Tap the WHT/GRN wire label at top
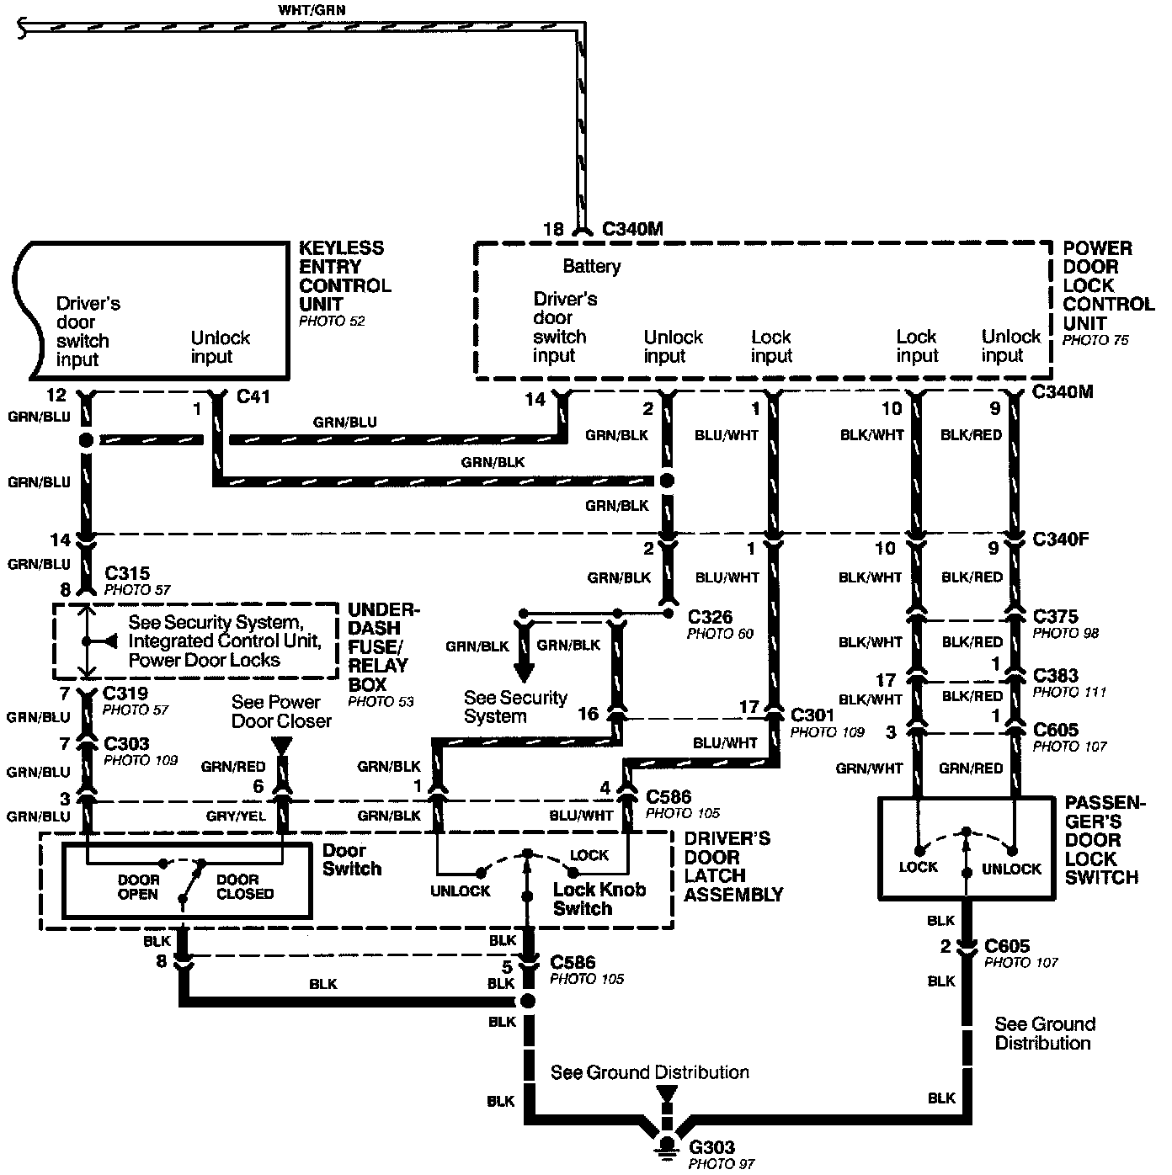click(312, 10)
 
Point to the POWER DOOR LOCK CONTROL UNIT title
click(1107, 285)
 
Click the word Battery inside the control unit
click(591, 266)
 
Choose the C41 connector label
click(253, 396)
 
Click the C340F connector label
click(1060, 539)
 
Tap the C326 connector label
click(710, 617)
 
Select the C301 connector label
click(812, 715)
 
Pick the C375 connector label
click(1055, 616)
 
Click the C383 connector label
click(1055, 676)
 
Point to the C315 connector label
click(127, 573)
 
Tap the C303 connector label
click(126, 744)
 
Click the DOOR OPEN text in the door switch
click(137, 887)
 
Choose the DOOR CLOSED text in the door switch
click(244, 887)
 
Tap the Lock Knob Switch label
click(599, 899)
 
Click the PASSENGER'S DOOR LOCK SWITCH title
click(1105, 840)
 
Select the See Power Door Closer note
click(281, 711)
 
